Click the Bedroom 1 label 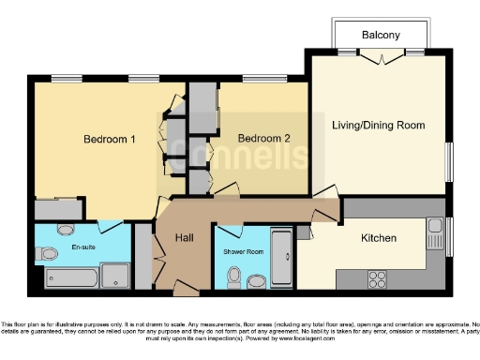(110, 140)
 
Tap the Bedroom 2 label (263, 139)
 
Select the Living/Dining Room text (379, 125)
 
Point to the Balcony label (381, 36)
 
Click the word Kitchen (379, 238)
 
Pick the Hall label (185, 238)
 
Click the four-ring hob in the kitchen (378, 278)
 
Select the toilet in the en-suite (48, 253)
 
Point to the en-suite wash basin (66, 229)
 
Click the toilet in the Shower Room (234, 277)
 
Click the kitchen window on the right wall (448, 233)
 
